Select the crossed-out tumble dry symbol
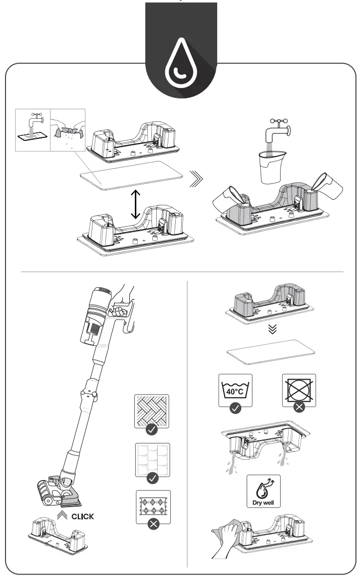299,388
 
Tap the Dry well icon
263,491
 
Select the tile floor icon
152,459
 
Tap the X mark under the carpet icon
152,526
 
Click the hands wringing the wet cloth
69,132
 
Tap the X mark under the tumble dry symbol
299,407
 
